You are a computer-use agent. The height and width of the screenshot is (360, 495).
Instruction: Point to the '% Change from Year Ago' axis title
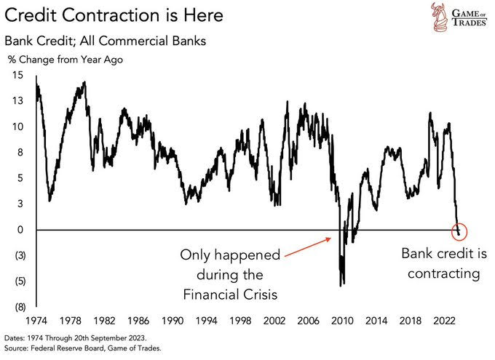click(x=66, y=60)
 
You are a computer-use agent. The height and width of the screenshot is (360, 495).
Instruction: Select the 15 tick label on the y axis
click(x=17, y=75)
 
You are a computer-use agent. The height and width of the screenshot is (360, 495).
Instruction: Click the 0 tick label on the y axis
click(x=20, y=230)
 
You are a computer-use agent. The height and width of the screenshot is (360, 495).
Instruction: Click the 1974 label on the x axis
click(x=36, y=320)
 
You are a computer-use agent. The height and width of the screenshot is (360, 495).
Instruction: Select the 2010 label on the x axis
click(x=343, y=320)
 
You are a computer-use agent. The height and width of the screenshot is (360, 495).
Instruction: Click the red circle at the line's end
click(x=459, y=232)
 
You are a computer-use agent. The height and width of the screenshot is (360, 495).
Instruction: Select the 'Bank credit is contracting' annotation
click(x=441, y=263)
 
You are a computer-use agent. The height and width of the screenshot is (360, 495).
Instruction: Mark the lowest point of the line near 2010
click(x=342, y=284)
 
